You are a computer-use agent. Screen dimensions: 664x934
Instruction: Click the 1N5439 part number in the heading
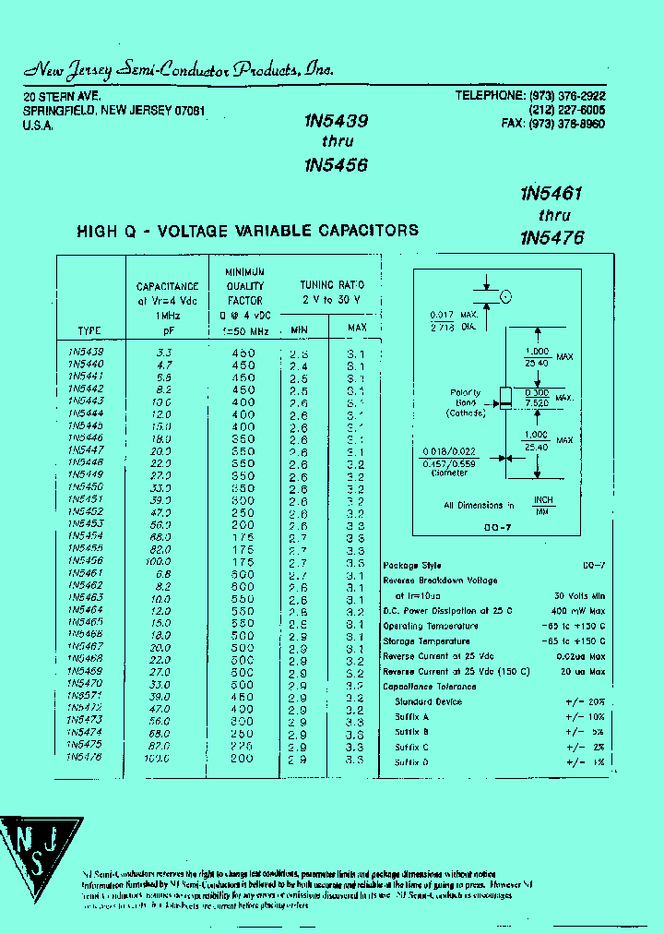coord(336,120)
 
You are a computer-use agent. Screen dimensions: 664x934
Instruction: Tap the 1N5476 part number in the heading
coord(552,237)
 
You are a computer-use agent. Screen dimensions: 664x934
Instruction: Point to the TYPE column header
coord(89,330)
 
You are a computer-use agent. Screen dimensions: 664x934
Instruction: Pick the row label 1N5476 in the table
coord(85,757)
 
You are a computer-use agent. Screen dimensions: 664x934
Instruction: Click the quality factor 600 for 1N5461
coord(243,573)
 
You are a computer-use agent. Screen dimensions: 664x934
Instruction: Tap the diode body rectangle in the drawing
coord(504,397)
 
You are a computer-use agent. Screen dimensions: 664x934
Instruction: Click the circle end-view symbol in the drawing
coord(504,296)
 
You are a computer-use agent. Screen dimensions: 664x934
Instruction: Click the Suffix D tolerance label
coord(412,761)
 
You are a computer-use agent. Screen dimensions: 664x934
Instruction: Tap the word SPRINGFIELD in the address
coord(58,111)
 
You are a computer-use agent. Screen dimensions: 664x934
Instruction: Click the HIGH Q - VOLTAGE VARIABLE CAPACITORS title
coord(247,231)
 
